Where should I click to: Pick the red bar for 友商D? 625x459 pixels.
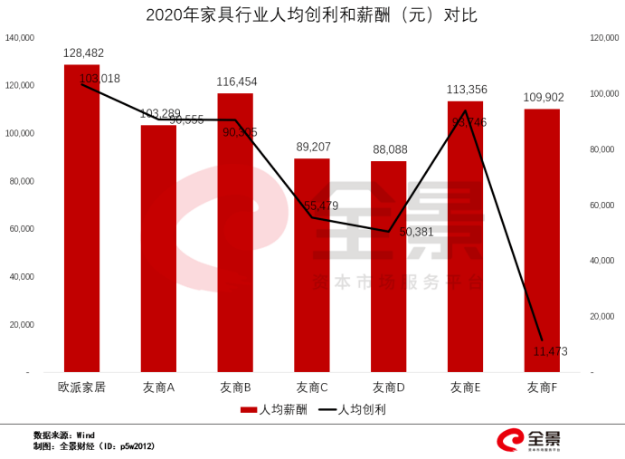pos(388,267)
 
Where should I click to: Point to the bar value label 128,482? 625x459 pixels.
pos(84,54)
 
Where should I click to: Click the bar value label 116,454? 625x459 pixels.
pos(237,81)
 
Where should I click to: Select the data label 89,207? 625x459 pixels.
pos(313,146)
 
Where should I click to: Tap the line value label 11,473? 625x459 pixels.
pos(551,351)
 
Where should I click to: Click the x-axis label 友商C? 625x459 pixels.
pos(312,387)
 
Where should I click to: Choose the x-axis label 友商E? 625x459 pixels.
pos(465,387)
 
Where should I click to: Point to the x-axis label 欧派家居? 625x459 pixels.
pos(82,387)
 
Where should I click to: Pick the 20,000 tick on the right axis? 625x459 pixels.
pos(603,316)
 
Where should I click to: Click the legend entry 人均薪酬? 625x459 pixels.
pos(275,409)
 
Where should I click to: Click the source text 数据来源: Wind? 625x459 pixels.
pos(64,435)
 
